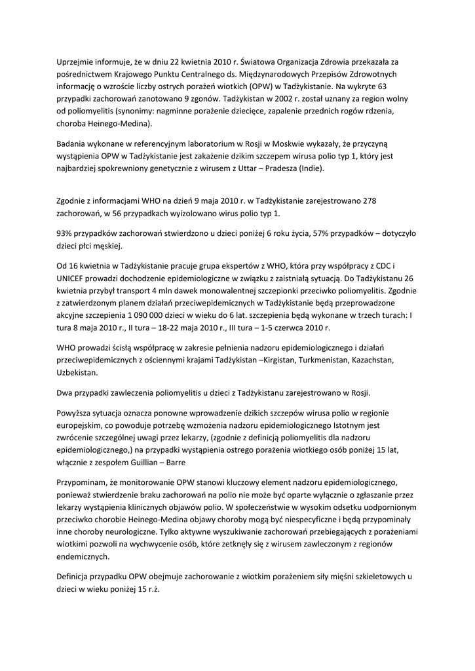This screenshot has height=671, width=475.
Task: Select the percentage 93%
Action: point(66,234)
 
